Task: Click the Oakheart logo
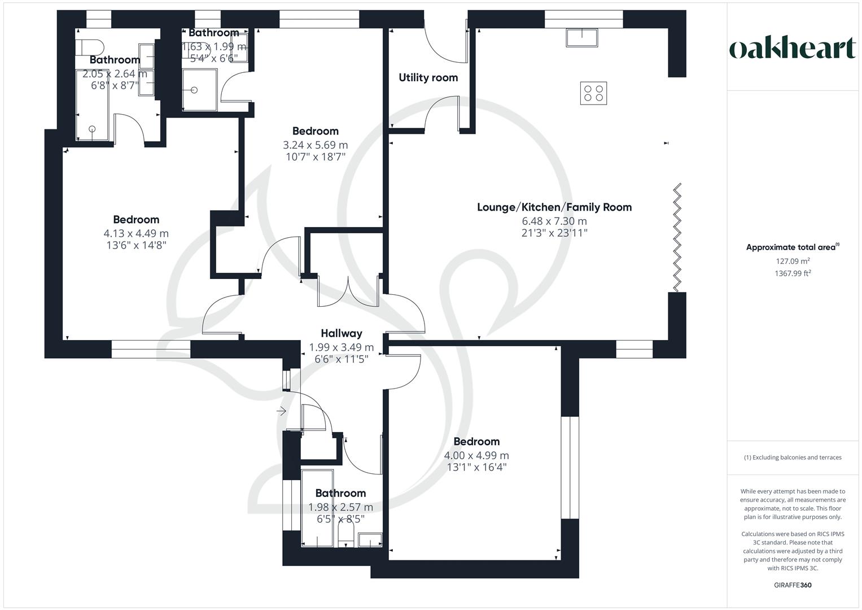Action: tap(792, 49)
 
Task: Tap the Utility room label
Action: tap(428, 77)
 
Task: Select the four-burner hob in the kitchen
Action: tap(594, 93)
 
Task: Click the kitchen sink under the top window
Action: tap(583, 37)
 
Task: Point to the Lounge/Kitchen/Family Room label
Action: tap(554, 207)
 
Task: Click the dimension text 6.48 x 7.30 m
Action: tap(554, 221)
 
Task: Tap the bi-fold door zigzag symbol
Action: tap(677, 237)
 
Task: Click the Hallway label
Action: tap(341, 333)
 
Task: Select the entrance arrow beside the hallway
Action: tap(281, 411)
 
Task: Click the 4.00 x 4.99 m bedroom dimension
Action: tap(476, 455)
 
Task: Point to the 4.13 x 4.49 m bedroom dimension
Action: tap(135, 233)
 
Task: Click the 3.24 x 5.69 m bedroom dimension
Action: tap(315, 145)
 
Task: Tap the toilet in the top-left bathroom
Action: tap(91, 46)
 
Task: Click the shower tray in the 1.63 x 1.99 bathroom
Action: tap(199, 89)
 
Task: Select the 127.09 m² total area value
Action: tap(793, 261)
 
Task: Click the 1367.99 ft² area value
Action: tap(793, 273)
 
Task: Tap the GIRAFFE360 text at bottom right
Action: tap(793, 585)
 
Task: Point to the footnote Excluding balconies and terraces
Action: tap(793, 457)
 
